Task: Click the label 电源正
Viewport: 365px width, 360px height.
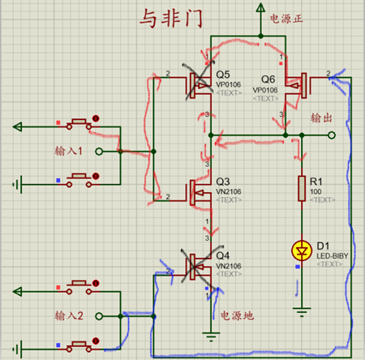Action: (x=288, y=17)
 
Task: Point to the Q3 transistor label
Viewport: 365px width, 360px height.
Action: (x=223, y=180)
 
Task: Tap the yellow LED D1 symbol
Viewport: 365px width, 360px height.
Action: (x=302, y=251)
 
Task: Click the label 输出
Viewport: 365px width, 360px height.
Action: (x=323, y=118)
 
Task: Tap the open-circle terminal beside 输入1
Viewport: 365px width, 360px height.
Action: (x=98, y=152)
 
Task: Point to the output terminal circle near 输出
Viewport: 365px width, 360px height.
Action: (x=333, y=135)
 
